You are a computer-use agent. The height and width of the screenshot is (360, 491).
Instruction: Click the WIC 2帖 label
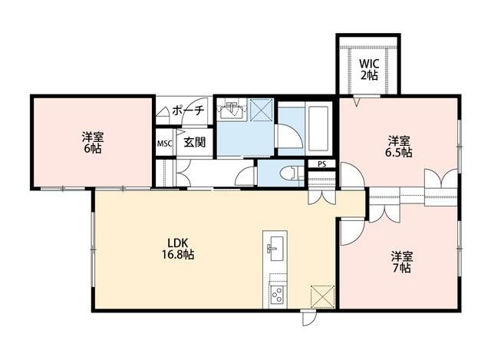pyautogui.click(x=369, y=69)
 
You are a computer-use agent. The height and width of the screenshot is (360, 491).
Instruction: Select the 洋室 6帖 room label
pyautogui.click(x=92, y=143)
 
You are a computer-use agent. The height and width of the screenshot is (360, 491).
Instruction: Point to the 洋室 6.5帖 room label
pyautogui.click(x=399, y=146)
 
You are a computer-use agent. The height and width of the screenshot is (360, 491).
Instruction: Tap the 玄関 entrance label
pyautogui.click(x=193, y=142)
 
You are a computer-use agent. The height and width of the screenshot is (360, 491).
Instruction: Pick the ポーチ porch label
pyautogui.click(x=187, y=111)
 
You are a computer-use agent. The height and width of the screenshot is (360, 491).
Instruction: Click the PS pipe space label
pyautogui.click(x=321, y=163)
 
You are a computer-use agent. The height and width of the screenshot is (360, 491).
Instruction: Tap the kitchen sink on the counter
pyautogui.click(x=275, y=247)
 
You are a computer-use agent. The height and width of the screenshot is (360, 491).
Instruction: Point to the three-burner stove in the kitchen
pyautogui.click(x=276, y=293)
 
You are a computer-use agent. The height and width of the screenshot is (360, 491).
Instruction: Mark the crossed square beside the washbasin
pyautogui.click(x=262, y=111)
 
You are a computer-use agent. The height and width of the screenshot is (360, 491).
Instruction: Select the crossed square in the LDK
pyautogui.click(x=323, y=296)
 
